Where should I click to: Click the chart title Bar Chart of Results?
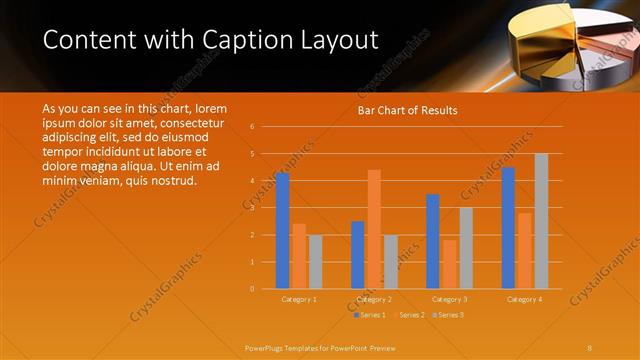point(407,110)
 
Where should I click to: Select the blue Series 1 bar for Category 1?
point(282,231)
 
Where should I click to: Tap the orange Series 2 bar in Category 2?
point(374,229)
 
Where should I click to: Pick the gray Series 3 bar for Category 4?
point(541,221)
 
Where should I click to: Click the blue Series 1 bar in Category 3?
point(433,241)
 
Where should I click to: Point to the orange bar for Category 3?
point(449,264)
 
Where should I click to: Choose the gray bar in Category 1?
point(315,262)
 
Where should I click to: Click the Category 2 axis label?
point(373,299)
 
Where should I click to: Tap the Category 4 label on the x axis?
point(524,299)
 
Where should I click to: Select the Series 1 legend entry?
point(371,315)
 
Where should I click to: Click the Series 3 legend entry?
point(449,315)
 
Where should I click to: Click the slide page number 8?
point(590,346)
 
